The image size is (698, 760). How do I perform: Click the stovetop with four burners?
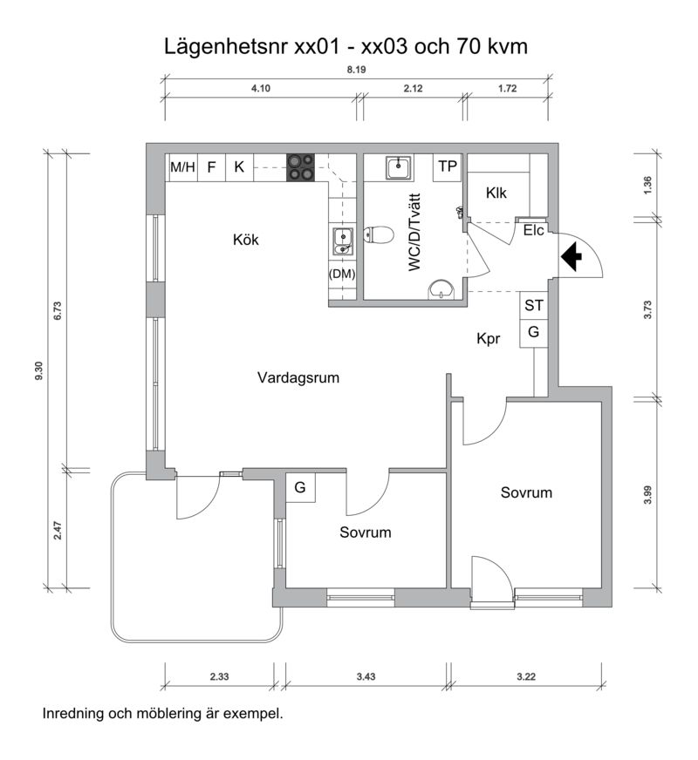tap(300, 167)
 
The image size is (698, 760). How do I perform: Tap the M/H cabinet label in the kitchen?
tap(182, 167)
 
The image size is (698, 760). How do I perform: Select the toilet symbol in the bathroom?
tap(379, 235)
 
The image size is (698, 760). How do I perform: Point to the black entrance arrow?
tap(571, 256)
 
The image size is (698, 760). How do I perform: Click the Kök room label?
tap(246, 240)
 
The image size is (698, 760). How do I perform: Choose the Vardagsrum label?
tap(298, 377)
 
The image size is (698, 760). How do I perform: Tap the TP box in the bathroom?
tap(448, 167)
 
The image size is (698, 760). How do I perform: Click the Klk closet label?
tap(496, 193)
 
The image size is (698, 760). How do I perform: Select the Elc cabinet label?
tap(534, 230)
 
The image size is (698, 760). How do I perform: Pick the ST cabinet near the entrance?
tap(534, 305)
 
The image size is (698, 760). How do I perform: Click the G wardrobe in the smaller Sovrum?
tap(300, 487)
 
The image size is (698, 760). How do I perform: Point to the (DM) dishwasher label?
tap(342, 274)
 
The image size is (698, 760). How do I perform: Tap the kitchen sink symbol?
tap(342, 241)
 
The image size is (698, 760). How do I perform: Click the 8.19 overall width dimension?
tap(356, 70)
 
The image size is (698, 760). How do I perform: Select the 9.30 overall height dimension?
tap(38, 370)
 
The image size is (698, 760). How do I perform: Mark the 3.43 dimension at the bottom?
tap(366, 676)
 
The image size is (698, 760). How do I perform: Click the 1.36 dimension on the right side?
tap(647, 185)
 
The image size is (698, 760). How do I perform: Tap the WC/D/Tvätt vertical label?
tap(414, 232)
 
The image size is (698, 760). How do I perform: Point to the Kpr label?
tap(488, 339)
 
